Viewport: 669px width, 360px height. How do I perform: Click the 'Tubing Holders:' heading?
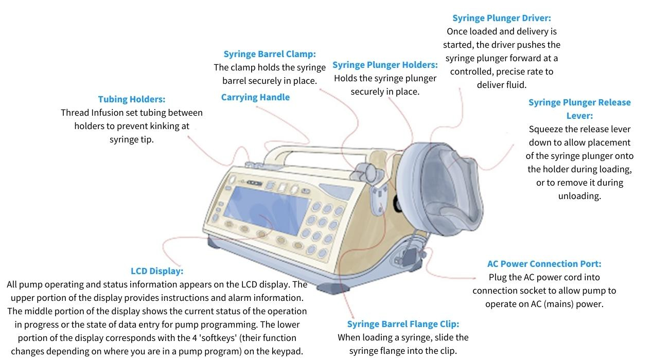[132, 99]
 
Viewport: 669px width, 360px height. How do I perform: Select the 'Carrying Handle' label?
[255, 97]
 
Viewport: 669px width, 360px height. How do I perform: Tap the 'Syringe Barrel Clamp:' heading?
[270, 54]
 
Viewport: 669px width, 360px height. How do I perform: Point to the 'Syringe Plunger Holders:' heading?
[385, 65]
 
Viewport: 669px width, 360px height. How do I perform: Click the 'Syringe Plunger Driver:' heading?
[501, 18]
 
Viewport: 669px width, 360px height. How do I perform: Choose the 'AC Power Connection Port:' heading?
[544, 264]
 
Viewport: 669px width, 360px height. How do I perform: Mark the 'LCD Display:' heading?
[157, 271]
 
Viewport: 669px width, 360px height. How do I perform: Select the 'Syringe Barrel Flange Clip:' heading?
[403, 324]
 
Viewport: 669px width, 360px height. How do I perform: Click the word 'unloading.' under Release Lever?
[579, 196]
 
